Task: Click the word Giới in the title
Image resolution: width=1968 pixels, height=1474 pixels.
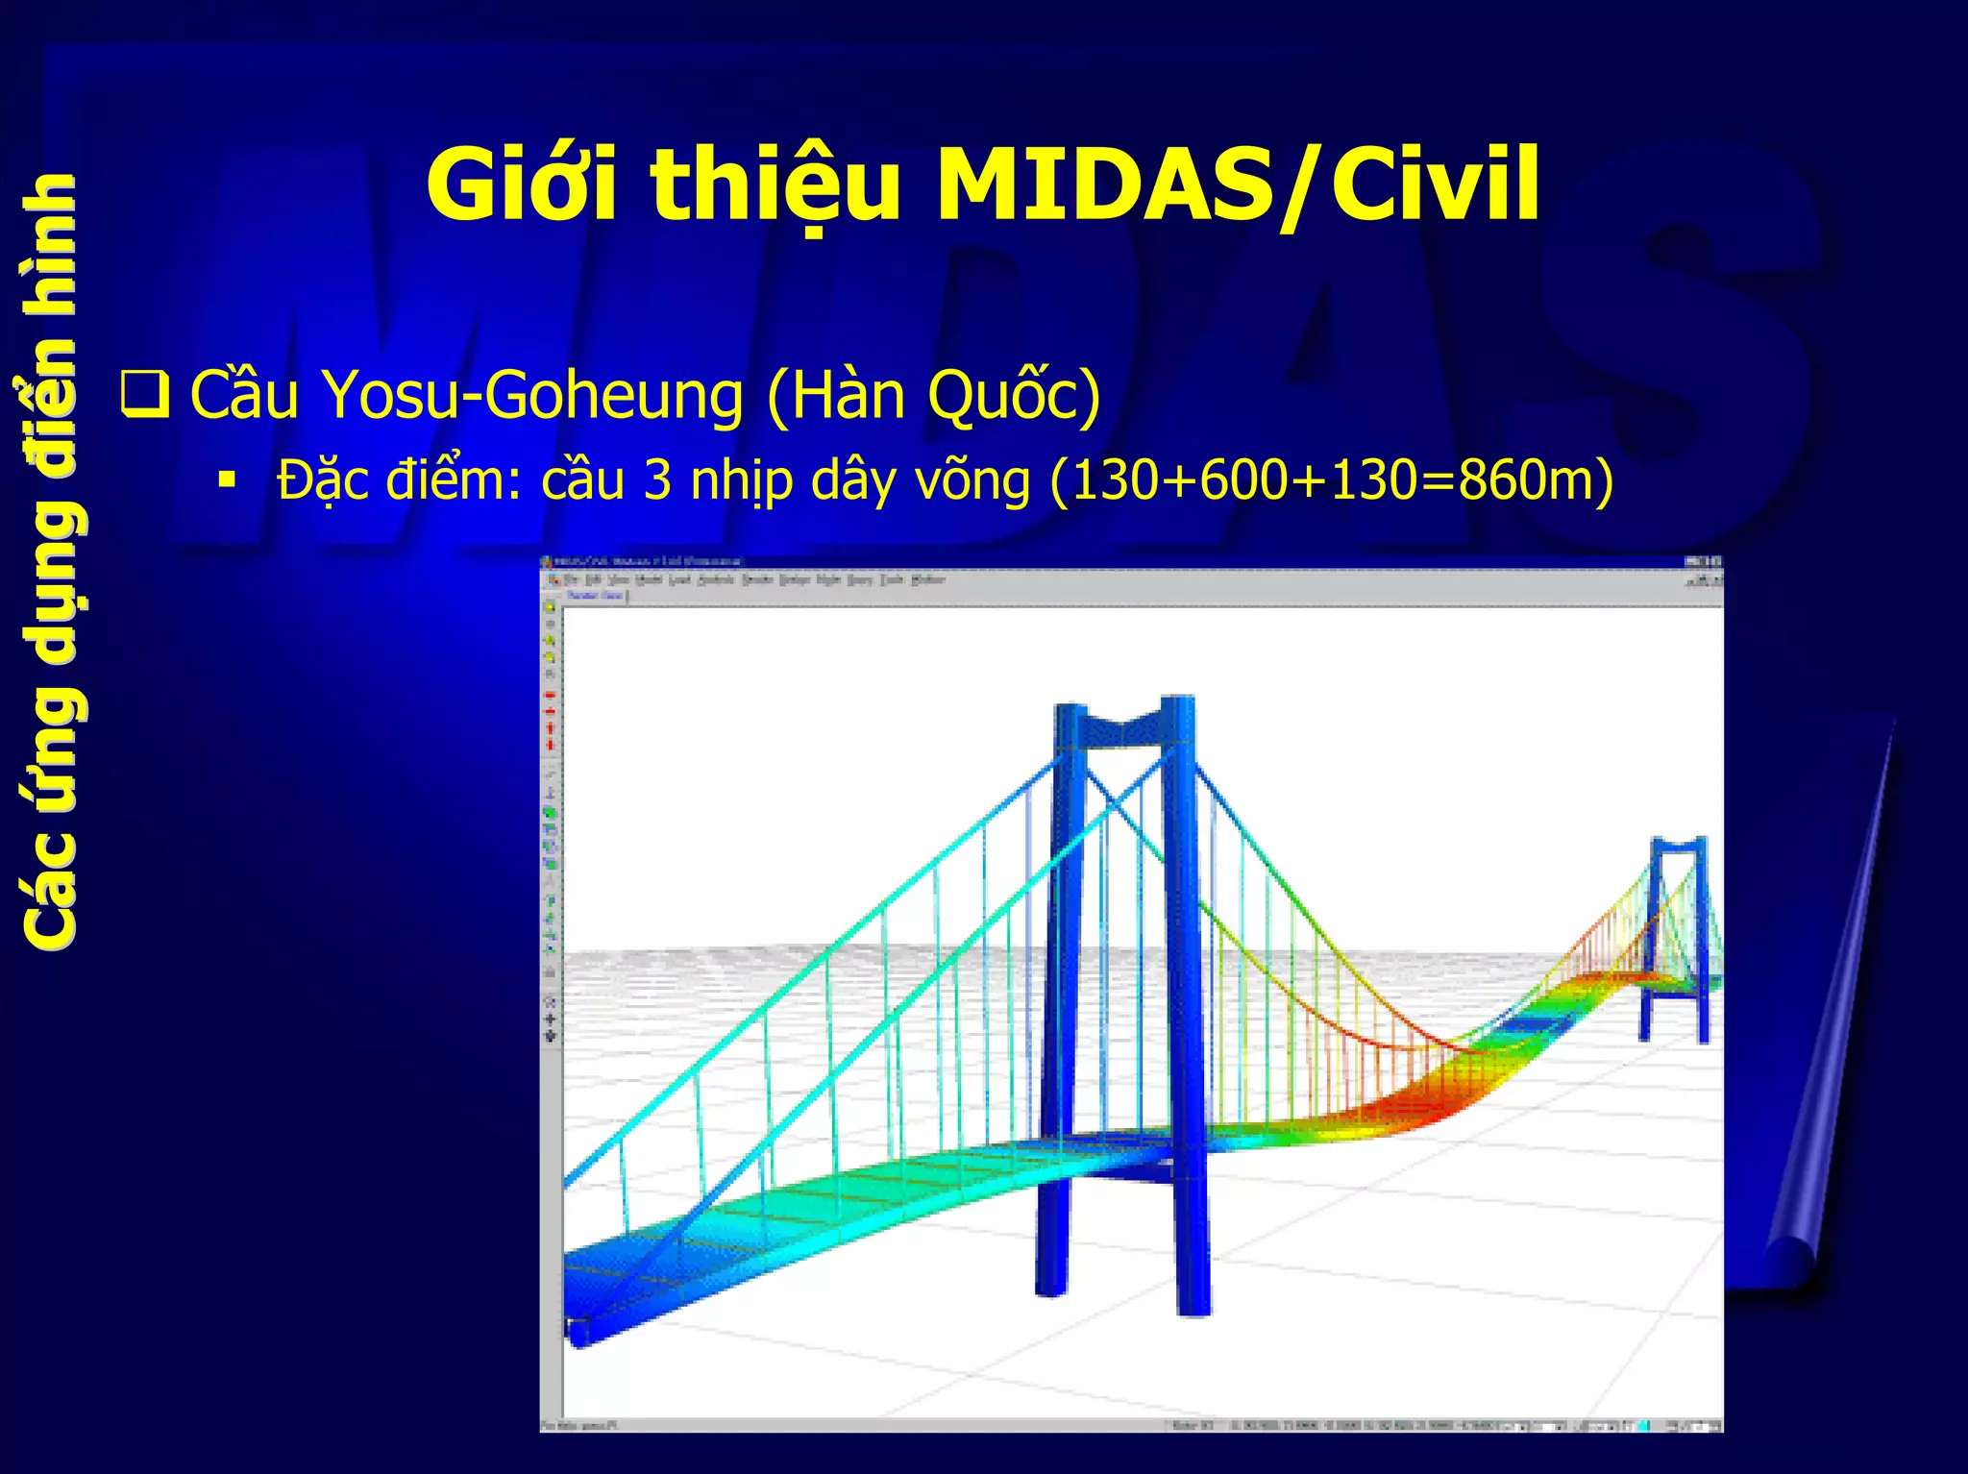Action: coord(522,184)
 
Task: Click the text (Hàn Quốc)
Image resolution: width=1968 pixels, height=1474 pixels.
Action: coord(933,396)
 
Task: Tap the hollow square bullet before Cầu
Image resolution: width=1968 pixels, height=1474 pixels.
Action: coord(145,395)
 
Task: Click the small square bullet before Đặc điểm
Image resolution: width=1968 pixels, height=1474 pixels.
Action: coord(227,479)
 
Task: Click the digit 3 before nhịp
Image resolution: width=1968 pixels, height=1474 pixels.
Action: coord(657,479)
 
